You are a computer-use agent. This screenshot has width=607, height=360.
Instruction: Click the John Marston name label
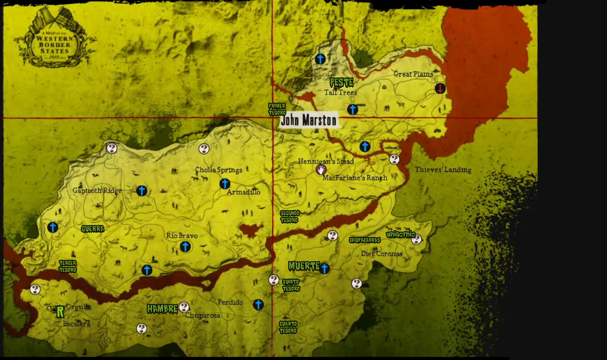(309, 120)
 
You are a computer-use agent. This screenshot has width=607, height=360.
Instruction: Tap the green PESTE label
(341, 83)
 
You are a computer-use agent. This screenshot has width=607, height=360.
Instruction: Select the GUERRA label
(93, 229)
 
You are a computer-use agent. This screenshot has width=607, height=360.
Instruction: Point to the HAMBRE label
(162, 309)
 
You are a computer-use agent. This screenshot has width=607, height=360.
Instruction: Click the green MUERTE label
(304, 267)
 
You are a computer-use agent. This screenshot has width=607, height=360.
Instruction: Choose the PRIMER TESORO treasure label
(277, 109)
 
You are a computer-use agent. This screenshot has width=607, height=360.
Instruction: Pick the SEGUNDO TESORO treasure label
(290, 217)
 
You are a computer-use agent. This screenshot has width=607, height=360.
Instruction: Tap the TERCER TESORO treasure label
(68, 267)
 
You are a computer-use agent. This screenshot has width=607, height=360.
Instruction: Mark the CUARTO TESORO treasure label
(288, 327)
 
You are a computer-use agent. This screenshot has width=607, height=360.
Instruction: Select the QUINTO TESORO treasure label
(291, 285)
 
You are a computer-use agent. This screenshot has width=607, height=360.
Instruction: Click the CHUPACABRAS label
(365, 240)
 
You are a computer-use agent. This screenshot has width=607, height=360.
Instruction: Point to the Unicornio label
(401, 234)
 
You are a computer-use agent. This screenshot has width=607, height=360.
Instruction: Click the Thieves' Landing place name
(443, 170)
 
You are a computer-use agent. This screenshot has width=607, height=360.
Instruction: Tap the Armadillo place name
(244, 192)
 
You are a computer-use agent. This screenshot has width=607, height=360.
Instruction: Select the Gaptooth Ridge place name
(97, 191)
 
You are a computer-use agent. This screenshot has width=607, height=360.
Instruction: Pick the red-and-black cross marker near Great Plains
(440, 88)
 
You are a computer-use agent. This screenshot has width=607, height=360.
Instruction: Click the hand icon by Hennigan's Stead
(321, 169)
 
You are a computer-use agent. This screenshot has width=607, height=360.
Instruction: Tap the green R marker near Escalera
(60, 312)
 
